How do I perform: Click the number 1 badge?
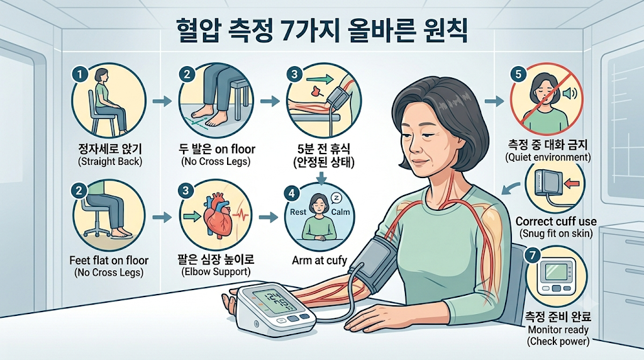(x=80, y=74)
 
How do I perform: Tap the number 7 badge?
(x=533, y=256)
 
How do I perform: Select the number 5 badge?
(x=518, y=74)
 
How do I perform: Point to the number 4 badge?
(x=292, y=194)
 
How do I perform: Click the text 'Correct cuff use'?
(x=556, y=222)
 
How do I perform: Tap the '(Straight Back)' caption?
(x=110, y=161)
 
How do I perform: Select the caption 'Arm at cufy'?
(x=319, y=260)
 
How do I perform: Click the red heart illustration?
(x=218, y=216)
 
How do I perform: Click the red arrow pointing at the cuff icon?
(x=574, y=184)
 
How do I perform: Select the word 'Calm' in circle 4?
(x=340, y=212)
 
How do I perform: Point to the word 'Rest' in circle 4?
(x=298, y=212)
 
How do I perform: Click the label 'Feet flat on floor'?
(x=109, y=261)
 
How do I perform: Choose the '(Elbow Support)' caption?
(x=216, y=272)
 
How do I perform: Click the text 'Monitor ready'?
(x=558, y=330)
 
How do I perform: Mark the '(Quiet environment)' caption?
(x=548, y=157)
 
